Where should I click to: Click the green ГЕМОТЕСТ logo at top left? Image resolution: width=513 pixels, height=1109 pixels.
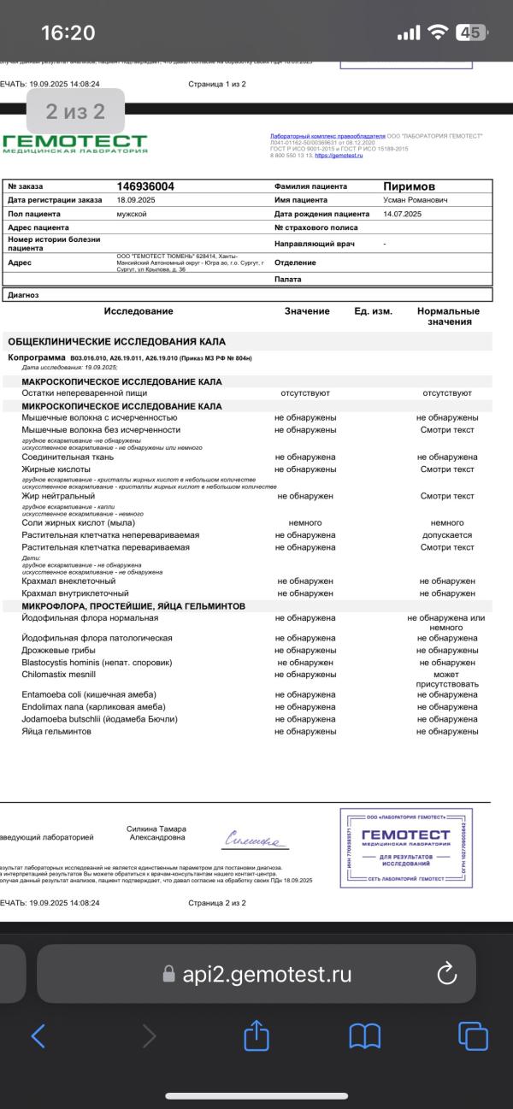[x=74, y=144]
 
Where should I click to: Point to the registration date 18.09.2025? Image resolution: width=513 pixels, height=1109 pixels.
[x=135, y=200]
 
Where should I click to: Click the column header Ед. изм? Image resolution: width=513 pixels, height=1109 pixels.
[x=373, y=311]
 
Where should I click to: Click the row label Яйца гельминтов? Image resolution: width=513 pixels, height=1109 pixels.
[x=56, y=732]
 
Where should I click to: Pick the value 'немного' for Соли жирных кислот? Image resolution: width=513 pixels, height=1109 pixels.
[x=305, y=522]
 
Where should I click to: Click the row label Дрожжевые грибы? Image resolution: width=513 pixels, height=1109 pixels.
[x=58, y=651]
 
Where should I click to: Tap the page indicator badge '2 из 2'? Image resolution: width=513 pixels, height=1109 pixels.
[x=75, y=111]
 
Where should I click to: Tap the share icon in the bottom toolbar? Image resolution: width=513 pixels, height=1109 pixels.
[x=256, y=1036]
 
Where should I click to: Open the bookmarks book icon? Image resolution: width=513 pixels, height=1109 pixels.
[x=365, y=1036]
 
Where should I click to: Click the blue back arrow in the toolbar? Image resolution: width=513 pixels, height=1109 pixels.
[x=38, y=1036]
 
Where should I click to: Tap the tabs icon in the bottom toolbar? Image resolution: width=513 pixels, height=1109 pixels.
[x=473, y=1036]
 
